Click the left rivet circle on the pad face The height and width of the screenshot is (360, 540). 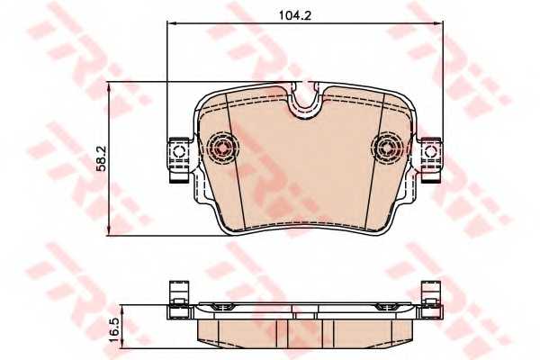(x=220, y=146)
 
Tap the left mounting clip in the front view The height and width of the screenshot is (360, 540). (x=178, y=157)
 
